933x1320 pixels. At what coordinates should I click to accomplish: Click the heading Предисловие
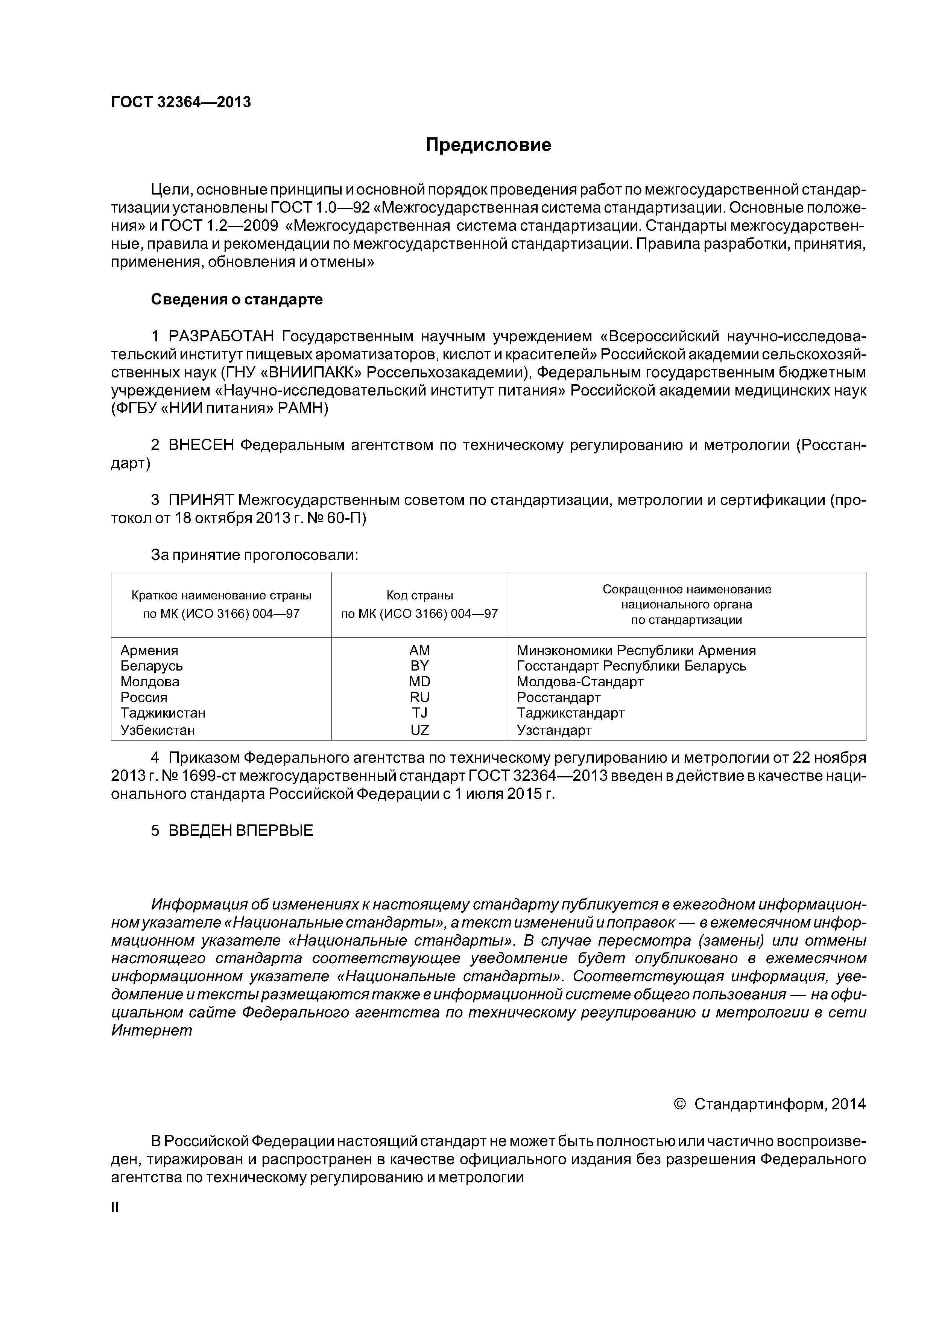(x=488, y=145)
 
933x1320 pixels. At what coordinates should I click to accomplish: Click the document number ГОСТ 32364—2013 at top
(x=181, y=102)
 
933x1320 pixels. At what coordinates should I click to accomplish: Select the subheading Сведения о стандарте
(x=236, y=300)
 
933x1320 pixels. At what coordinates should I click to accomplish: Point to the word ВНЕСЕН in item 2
(x=201, y=446)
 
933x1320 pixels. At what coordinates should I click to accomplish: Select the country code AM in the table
(x=419, y=650)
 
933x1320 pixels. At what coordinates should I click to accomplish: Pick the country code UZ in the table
(x=419, y=730)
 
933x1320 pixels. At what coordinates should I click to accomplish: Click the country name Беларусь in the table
(x=151, y=666)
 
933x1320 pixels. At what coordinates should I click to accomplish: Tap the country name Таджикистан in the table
(x=163, y=713)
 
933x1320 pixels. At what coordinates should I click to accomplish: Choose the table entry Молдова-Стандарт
(x=580, y=682)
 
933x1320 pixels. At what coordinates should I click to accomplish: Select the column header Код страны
(x=419, y=595)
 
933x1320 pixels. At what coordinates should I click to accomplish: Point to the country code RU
(x=419, y=697)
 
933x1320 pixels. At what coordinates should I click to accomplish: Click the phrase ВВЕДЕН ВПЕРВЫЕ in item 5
(x=240, y=831)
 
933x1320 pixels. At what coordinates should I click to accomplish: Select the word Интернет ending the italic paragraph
(x=151, y=1031)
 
